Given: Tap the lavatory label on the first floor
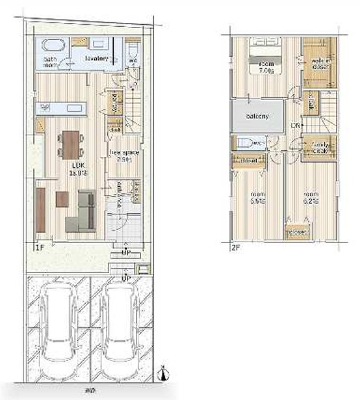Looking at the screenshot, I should click(97, 58).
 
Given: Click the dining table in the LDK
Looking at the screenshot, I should click(71, 145).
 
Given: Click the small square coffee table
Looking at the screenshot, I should click(62, 199).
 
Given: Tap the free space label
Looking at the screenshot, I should click(124, 153).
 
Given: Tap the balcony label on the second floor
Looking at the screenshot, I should click(258, 116).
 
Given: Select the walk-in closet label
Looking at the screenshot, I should click(320, 63).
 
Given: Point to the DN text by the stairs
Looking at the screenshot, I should click(296, 126).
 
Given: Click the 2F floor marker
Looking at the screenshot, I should click(235, 248).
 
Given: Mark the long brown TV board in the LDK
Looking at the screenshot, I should click(41, 210).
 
